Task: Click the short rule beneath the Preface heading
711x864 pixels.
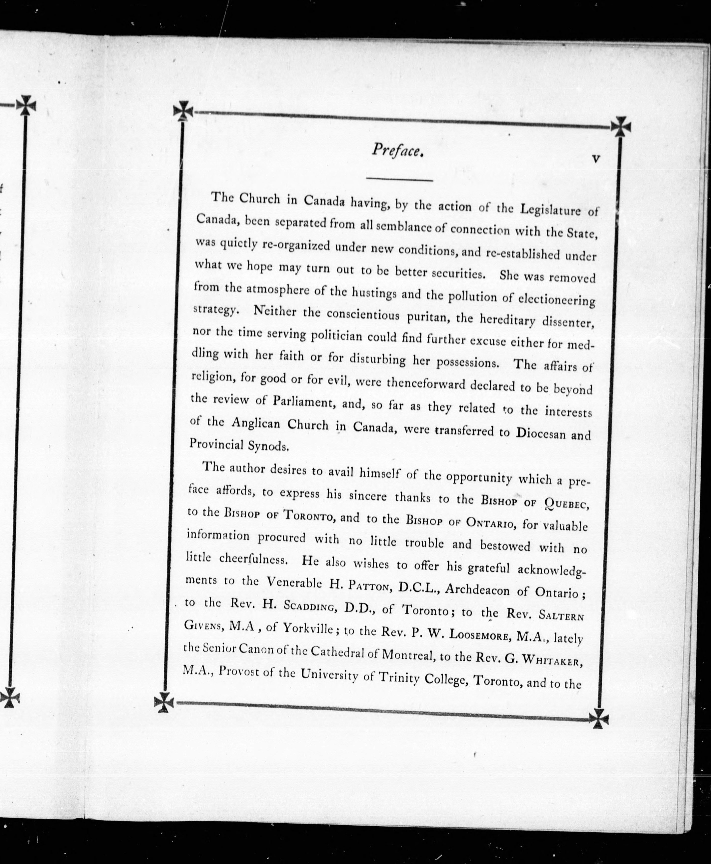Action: click(x=399, y=179)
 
